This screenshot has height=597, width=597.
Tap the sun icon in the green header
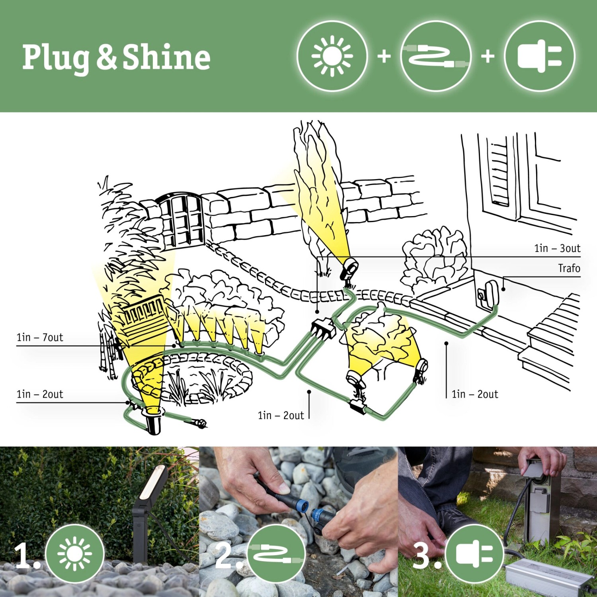click(332, 56)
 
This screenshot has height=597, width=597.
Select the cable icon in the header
click(436, 56)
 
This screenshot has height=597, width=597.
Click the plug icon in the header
click(539, 56)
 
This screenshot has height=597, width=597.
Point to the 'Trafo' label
click(569, 269)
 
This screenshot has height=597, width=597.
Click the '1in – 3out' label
click(557, 249)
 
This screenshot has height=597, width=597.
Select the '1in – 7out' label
click(40, 338)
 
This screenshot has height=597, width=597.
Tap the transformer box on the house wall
click(489, 294)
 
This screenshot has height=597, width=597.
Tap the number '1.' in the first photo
click(27, 556)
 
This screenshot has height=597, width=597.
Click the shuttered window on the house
click(499, 173)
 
